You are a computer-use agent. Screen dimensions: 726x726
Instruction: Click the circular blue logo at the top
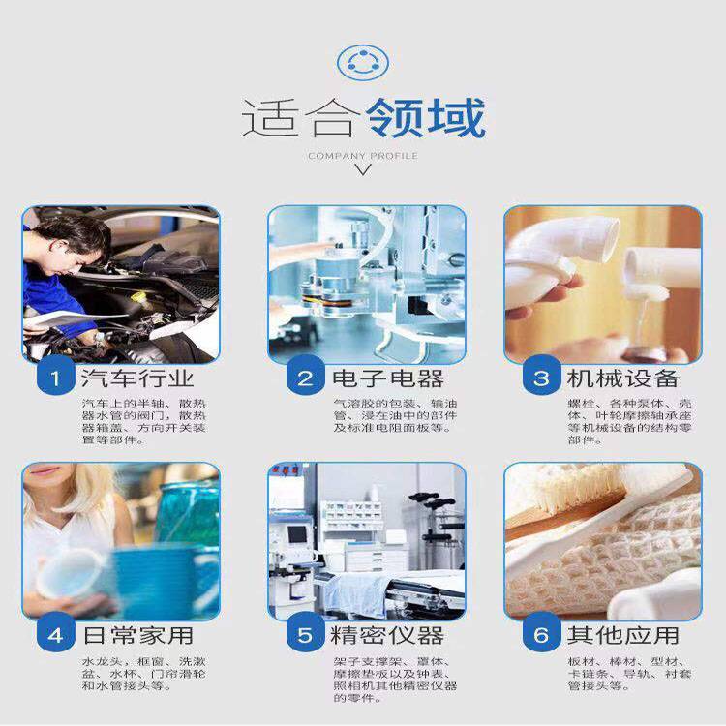[x=363, y=62]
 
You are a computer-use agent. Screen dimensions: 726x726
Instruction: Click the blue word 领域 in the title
[x=425, y=118]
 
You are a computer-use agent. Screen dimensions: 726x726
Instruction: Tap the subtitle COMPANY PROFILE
[x=363, y=156]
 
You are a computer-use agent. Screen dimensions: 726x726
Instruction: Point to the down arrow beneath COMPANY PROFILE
[x=363, y=169]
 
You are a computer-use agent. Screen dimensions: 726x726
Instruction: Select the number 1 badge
[x=55, y=378]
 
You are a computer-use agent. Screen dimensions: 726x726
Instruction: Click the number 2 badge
[x=305, y=378]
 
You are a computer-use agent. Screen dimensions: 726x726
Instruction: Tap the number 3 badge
[x=541, y=378]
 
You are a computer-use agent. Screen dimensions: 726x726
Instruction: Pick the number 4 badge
[x=55, y=634]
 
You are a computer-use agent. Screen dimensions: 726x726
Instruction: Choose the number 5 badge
[x=305, y=634]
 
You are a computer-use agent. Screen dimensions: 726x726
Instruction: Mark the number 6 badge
[x=541, y=634]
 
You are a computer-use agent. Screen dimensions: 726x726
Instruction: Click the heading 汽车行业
[x=137, y=378]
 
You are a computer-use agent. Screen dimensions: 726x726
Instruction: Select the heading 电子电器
[x=388, y=378]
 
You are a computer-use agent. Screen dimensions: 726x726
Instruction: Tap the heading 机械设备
[x=623, y=378]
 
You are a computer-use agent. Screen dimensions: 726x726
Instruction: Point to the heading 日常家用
[x=137, y=635]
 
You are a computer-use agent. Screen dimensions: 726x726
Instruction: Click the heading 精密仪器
[x=387, y=635]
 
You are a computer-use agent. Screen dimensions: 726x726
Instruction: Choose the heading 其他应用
[x=623, y=635]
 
